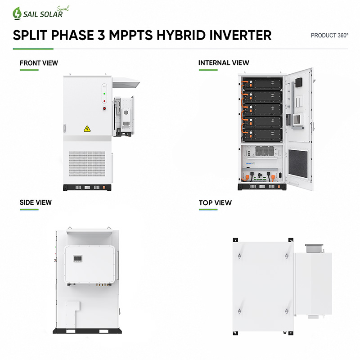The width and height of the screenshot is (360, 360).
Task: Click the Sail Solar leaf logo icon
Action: pyautogui.click(x=17, y=13)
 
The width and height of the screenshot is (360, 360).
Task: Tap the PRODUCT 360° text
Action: pyautogui.click(x=329, y=36)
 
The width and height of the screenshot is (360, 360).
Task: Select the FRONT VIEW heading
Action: pyautogui.click(x=39, y=63)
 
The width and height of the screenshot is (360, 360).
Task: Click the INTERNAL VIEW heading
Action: pyautogui.click(x=224, y=63)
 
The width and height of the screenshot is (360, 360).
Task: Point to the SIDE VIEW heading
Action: pyautogui.click(x=36, y=202)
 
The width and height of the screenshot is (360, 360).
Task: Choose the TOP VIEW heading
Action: pyautogui.click(x=215, y=203)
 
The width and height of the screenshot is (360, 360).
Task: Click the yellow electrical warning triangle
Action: pyautogui.click(x=87, y=129)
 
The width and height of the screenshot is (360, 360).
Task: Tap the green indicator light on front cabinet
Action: pyautogui.click(x=104, y=94)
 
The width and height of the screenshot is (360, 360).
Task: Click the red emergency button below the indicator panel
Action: pyautogui.click(x=104, y=108)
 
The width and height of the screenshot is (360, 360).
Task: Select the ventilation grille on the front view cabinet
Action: pyautogui.click(x=87, y=164)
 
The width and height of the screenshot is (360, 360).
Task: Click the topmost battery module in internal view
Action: pyautogui.click(x=262, y=84)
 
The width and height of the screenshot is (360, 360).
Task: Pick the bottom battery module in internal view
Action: pyautogui.click(x=262, y=135)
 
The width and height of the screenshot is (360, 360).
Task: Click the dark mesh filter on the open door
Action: pyautogui.click(x=298, y=163)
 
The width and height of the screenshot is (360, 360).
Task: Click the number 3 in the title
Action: pyautogui.click(x=101, y=35)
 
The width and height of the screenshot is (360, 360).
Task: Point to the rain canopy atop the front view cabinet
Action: pyautogui.click(x=126, y=82)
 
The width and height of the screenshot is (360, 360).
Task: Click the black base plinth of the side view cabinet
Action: pyautogui.click(x=87, y=331)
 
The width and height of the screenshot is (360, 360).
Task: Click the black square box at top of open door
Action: pyautogui.click(x=299, y=82)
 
